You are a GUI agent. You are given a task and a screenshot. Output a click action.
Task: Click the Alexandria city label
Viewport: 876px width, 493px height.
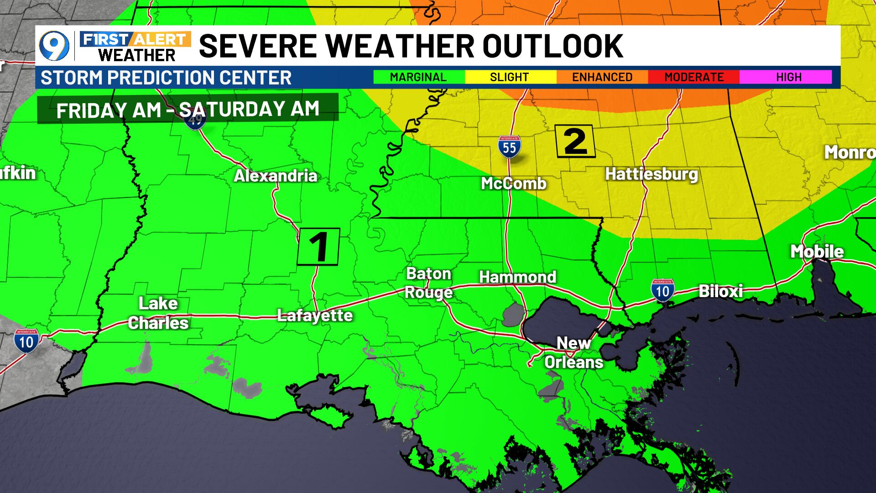point(276,176)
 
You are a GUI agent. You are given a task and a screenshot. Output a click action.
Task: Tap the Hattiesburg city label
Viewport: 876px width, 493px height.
point(652,174)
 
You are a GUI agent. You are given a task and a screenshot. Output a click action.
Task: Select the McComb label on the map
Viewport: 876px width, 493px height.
point(514,184)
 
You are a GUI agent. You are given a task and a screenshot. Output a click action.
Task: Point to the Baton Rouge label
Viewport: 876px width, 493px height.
point(428,283)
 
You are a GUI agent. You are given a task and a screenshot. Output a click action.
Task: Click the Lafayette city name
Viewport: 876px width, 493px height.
point(315,315)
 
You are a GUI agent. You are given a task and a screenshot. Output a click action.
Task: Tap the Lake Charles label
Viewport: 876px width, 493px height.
point(158,313)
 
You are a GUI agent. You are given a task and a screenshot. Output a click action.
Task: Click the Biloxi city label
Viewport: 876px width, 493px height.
point(720,291)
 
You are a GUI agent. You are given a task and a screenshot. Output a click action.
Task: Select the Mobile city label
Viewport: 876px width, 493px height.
point(817,252)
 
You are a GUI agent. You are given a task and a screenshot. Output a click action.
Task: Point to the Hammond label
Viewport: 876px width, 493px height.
point(517,277)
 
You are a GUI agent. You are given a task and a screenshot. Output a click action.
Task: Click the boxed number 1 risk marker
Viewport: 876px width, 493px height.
point(318,246)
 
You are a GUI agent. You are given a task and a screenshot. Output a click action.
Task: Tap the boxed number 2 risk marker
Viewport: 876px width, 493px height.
point(575,142)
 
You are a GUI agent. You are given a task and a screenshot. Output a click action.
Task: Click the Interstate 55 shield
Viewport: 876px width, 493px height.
point(509,147)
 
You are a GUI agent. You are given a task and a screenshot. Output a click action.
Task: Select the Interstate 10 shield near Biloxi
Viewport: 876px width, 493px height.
point(662,290)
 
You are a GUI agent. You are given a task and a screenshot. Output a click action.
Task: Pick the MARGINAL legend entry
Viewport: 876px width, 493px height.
point(418,77)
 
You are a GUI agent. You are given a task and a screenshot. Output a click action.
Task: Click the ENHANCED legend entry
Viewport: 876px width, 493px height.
point(602,77)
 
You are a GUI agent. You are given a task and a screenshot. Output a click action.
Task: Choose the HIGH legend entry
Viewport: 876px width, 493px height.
point(788,77)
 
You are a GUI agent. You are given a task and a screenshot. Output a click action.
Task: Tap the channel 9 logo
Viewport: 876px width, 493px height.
point(54,46)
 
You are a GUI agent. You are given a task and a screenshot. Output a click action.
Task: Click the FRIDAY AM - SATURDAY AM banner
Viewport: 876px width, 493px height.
point(188,109)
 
